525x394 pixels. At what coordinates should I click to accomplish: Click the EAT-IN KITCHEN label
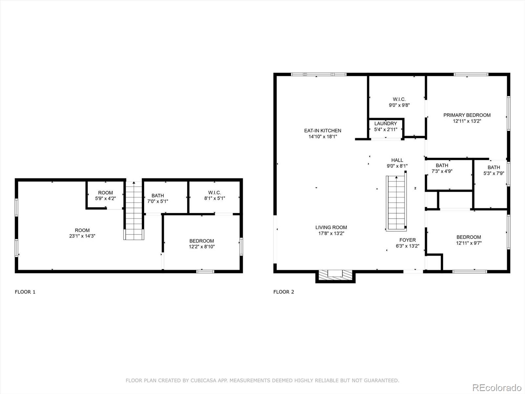coord(323,131)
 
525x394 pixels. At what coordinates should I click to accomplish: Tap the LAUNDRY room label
coord(386,124)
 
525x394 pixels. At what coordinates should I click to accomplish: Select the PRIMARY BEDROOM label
coord(467,115)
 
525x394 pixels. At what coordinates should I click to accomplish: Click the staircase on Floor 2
coord(396,203)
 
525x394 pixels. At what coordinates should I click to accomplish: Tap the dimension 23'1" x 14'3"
coord(82,236)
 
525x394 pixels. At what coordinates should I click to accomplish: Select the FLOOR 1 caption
coord(25,292)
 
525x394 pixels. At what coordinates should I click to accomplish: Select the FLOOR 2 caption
coord(283,292)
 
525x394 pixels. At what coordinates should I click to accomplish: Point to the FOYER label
coord(408,240)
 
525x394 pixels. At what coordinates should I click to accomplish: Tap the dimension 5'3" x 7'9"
coord(493,173)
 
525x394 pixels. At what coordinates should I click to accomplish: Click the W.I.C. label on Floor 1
coord(214,193)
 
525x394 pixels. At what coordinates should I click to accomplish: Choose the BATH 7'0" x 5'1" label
coord(157,196)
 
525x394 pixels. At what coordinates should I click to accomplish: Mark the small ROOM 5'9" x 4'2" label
coord(105,193)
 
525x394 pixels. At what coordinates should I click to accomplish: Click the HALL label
coord(397,160)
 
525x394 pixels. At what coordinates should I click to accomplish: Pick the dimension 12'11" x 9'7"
coord(469,243)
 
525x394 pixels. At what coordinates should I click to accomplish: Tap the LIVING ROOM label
coord(331,228)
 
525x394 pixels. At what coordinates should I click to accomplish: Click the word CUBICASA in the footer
coord(204,381)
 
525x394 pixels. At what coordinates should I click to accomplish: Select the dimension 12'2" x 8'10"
coord(201,247)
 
